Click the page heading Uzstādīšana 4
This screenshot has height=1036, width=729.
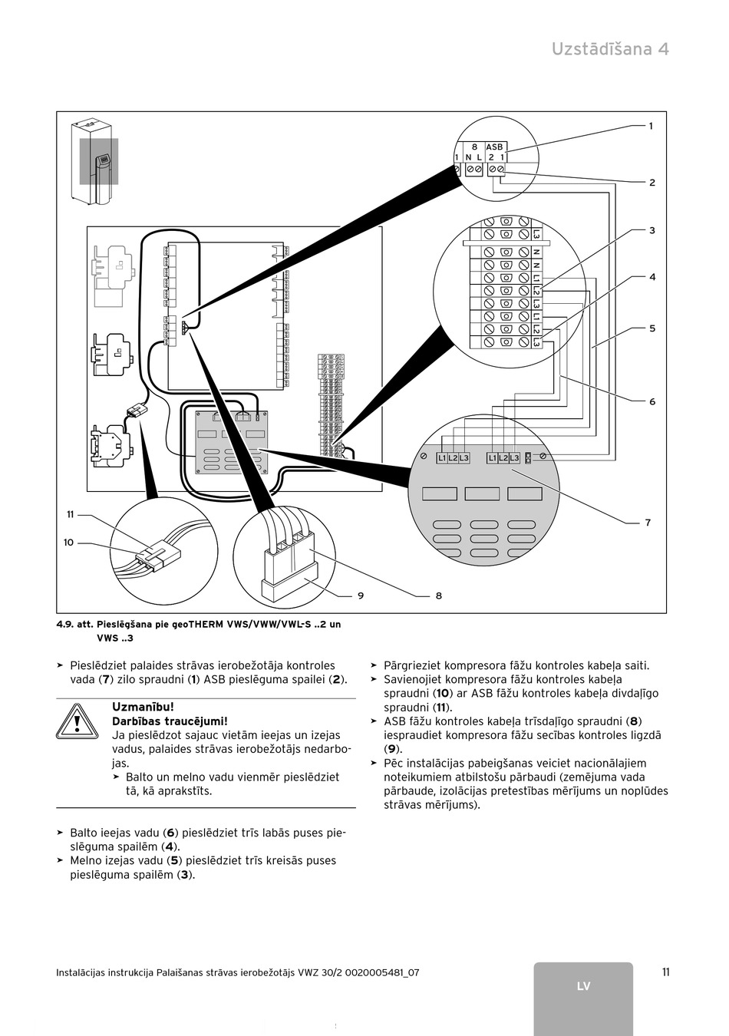[610, 49]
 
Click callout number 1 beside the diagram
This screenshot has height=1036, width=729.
[651, 126]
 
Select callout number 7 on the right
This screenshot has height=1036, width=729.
[648, 523]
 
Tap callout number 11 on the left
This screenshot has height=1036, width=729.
[70, 514]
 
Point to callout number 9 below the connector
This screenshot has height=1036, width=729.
[360, 596]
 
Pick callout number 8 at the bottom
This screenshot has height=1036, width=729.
[438, 596]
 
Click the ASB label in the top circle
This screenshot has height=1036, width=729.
[494, 147]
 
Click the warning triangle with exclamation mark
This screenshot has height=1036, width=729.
[78, 721]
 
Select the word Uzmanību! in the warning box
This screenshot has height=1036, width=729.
[143, 707]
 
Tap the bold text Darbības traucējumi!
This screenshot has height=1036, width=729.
[170, 721]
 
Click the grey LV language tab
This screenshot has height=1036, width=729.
[583, 986]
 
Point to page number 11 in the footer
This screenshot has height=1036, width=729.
[665, 972]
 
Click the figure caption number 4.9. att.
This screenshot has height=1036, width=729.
[73, 625]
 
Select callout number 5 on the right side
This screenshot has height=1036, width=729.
[651, 328]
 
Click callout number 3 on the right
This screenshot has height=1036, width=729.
[651, 230]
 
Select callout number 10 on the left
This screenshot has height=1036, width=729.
[68, 543]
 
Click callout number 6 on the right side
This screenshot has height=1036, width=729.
[651, 401]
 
